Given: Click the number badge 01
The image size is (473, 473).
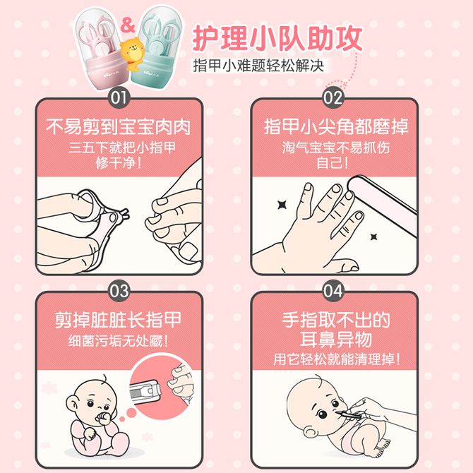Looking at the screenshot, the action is click(x=119, y=97).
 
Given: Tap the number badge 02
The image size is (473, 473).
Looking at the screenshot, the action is click(x=333, y=97).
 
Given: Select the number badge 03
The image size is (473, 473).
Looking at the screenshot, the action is click(x=119, y=291).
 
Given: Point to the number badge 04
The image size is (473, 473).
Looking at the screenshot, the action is click(x=333, y=291).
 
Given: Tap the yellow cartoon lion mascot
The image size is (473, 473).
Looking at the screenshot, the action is click(x=132, y=54).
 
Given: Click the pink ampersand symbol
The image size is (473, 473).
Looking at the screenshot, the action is click(x=127, y=25).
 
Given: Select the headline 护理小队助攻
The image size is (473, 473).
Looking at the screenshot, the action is click(x=277, y=39).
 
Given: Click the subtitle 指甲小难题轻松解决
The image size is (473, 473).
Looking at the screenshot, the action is click(x=258, y=66).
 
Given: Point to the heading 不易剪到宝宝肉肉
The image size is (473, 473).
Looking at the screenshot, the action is click(x=119, y=126).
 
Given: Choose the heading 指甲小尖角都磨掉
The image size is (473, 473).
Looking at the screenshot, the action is click(x=336, y=126).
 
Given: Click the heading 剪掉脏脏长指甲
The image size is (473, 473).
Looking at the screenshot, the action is click(x=119, y=320).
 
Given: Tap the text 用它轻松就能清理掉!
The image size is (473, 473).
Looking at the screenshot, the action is click(x=337, y=359).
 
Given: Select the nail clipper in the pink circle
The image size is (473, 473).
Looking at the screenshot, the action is click(x=145, y=392).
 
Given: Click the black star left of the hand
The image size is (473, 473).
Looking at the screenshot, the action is click(x=282, y=205).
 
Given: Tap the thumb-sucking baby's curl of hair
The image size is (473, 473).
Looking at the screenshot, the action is click(x=104, y=378).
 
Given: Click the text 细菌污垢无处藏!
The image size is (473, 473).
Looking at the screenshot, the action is click(x=119, y=341).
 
